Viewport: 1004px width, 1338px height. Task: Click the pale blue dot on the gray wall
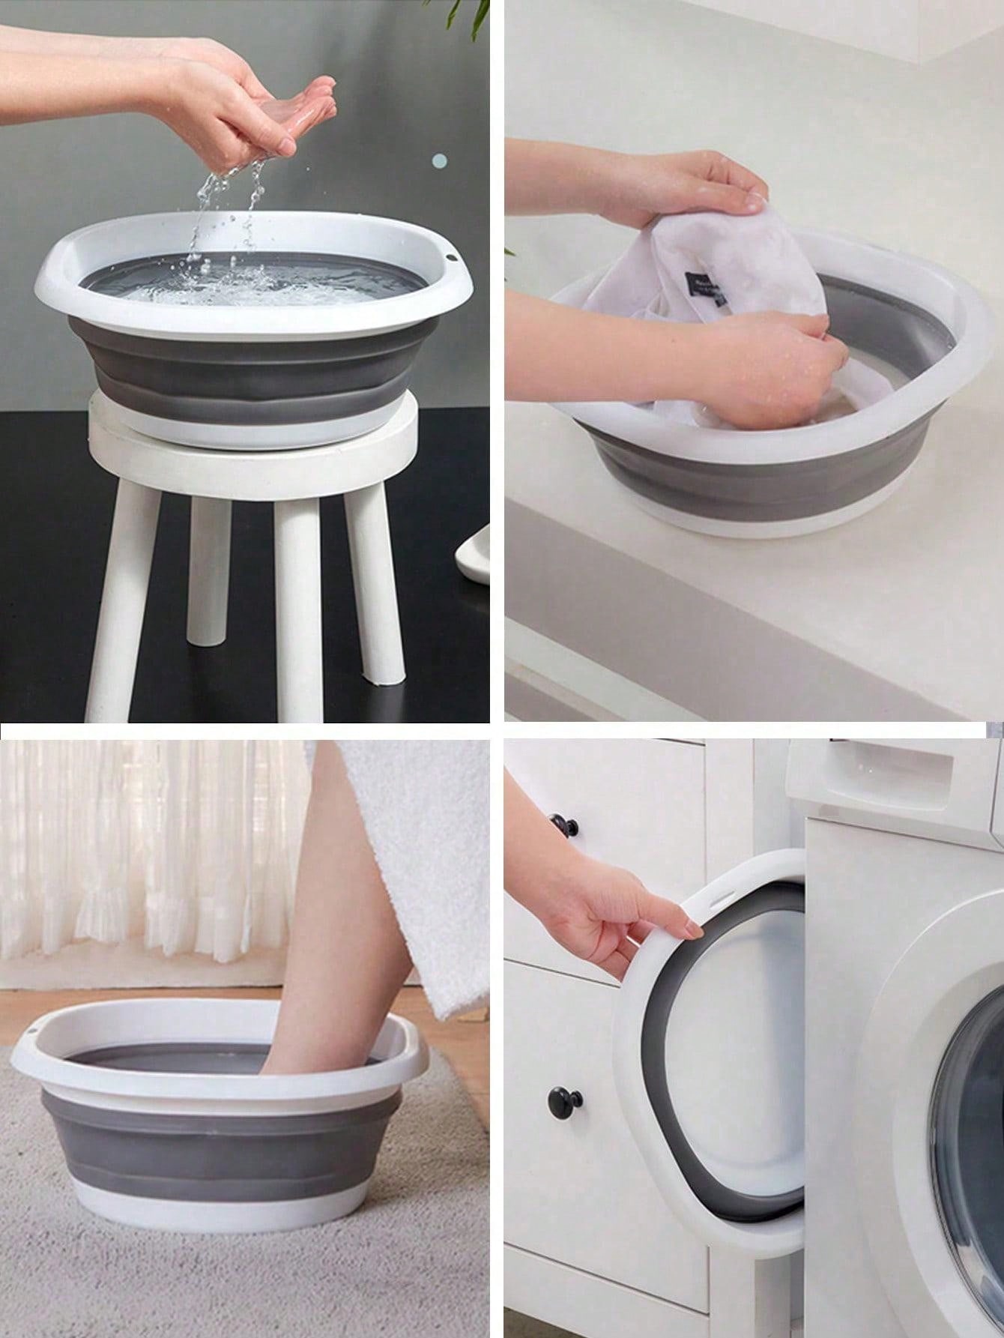(441, 160)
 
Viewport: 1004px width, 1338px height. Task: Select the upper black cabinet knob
(560, 827)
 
